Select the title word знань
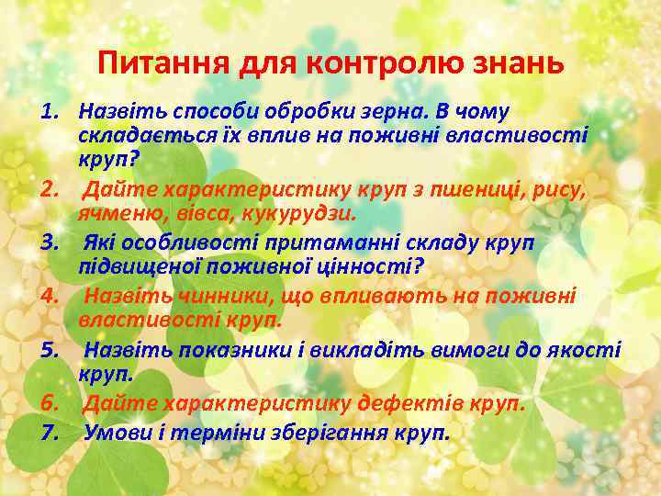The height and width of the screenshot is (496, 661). (513, 65)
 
